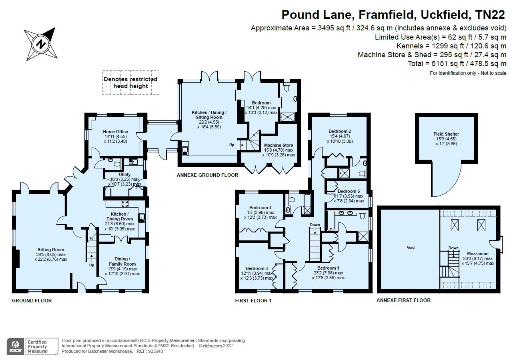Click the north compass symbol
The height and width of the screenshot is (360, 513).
coord(41,44)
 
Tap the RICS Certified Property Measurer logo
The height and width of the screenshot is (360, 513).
coord(32,346)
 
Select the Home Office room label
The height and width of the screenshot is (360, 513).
coord(115,132)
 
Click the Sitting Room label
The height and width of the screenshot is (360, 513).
coord(51,250)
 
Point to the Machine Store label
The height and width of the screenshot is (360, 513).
coord(279,145)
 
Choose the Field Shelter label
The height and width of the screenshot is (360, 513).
coord(446,134)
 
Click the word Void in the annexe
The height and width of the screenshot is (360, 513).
coord(411,247)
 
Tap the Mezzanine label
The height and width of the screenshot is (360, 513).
coord(478,254)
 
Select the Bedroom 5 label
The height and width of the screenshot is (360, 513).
coord(349,191)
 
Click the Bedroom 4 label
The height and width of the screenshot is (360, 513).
coord(261,208)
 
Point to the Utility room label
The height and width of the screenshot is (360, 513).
coord(124,174)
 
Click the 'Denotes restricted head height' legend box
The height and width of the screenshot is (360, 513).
coord(131,83)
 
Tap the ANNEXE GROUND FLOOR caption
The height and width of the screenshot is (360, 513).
coord(208,175)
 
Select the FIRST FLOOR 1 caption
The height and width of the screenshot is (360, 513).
coord(253,301)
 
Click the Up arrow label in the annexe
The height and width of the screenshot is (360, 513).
coord(232,145)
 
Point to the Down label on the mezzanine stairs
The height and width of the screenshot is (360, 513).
coord(453,248)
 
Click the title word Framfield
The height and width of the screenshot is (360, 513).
coord(387,15)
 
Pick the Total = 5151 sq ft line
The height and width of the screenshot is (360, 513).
coord(457,63)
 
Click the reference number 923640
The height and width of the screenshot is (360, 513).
coord(155,351)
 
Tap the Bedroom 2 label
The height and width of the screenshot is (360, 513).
coord(340,131)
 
